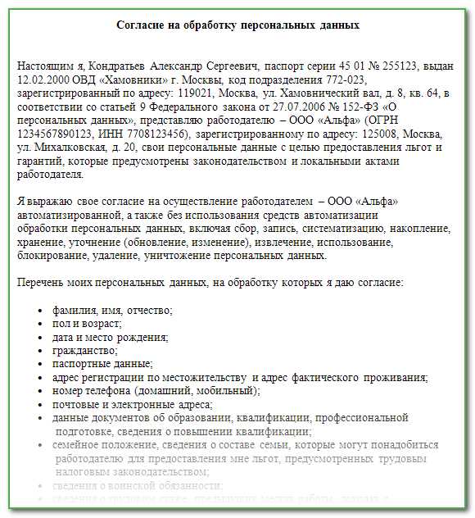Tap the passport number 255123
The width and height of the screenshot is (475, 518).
click(x=405, y=64)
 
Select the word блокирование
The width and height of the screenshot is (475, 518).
click(x=48, y=256)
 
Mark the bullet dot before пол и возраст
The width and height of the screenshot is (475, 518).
click(x=41, y=324)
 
